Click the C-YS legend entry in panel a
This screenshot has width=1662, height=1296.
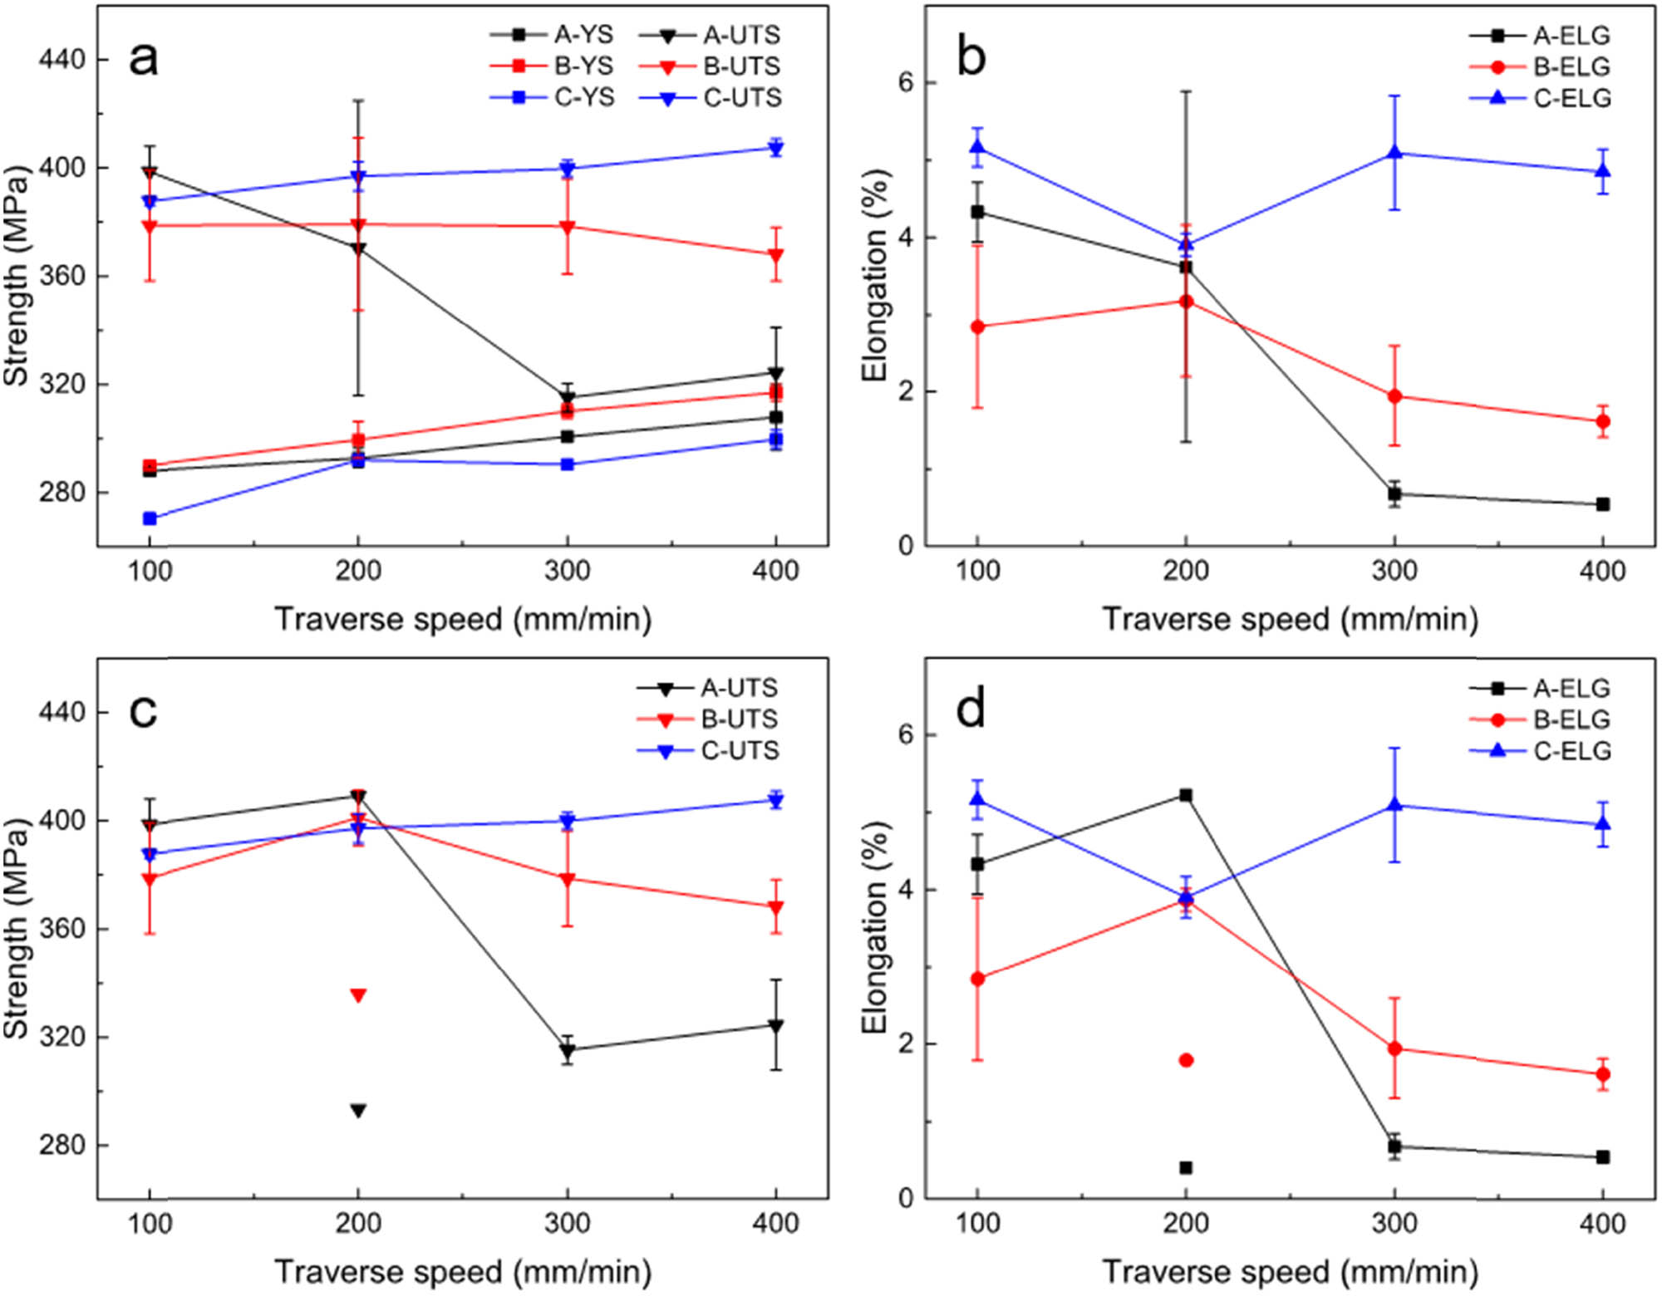coord(553,97)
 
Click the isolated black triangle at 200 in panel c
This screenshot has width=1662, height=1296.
coord(358,1111)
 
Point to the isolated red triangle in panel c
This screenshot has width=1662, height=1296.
coord(358,995)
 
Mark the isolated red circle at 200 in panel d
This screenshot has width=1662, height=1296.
coord(1186,1060)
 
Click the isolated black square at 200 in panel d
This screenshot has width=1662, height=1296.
coord(1186,1168)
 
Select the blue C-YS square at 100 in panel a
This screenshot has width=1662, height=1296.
coord(150,518)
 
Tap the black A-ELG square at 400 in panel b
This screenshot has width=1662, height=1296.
coord(1603,504)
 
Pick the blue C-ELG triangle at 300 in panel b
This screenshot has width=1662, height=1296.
coord(1394,152)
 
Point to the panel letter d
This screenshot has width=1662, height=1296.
coord(971,710)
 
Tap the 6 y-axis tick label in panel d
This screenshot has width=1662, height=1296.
coord(906,735)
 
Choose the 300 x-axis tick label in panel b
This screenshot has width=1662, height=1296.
coord(1394,571)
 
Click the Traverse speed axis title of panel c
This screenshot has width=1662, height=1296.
coord(463,1272)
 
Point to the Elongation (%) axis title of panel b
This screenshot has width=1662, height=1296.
coord(874,274)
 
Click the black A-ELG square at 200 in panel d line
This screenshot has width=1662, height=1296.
coord(1186,795)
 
